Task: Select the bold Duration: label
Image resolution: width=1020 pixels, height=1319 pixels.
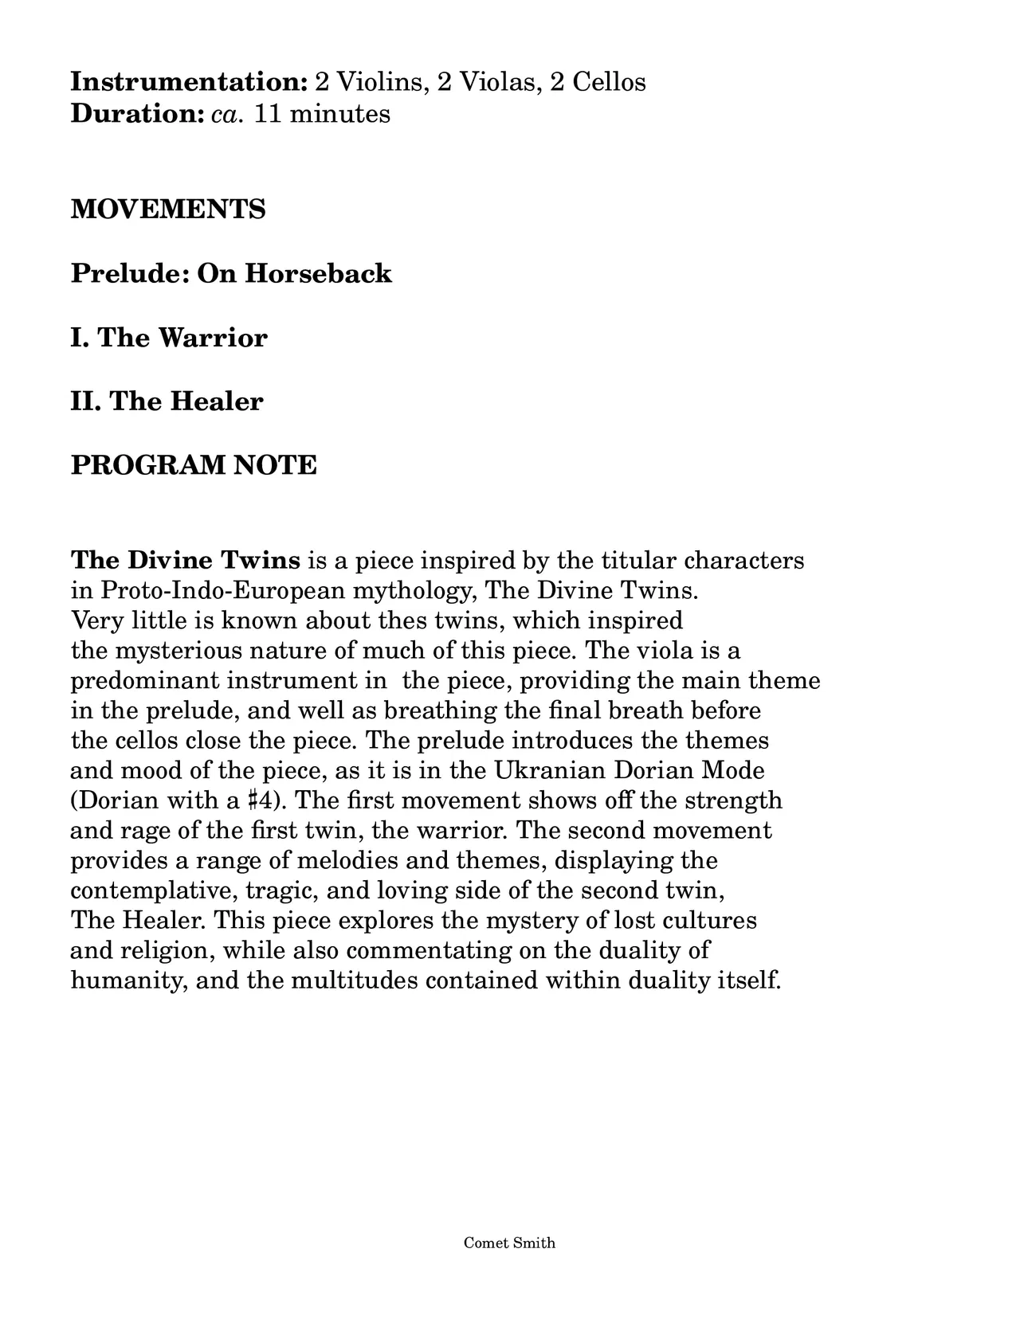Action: point(138,114)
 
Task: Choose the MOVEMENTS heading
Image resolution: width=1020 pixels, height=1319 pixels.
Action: point(168,209)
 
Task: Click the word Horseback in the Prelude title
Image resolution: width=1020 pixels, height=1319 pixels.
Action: point(318,273)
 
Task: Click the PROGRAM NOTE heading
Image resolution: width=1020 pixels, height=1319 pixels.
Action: point(194,464)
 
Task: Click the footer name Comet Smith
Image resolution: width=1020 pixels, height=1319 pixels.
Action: point(509,1243)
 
